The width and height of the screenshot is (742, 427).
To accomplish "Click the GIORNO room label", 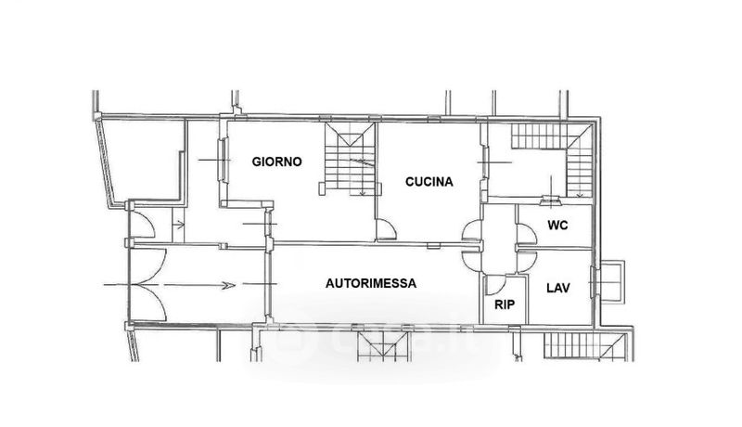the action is coord(276,162).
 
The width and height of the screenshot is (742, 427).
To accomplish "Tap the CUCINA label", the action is coord(429,182).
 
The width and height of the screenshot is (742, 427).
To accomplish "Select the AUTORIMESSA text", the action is coord(371,283).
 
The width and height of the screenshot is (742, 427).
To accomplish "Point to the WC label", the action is coord(557,226).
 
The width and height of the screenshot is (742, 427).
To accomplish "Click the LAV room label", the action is coord(558,288).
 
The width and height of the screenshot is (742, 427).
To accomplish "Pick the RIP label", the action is coord(505,304).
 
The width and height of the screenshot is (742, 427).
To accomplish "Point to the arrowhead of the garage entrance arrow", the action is coord(228,285).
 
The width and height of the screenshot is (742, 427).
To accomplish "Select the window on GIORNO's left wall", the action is coord(223,160).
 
